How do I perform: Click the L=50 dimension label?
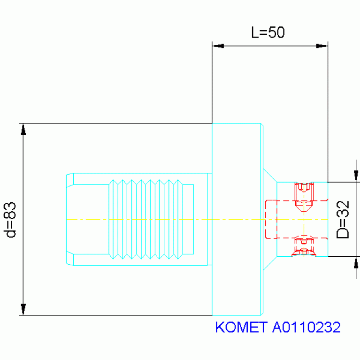point(268,32)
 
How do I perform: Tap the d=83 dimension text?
point(10,220)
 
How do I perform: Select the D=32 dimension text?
point(343,220)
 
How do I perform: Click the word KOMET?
point(241,327)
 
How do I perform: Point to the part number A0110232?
point(306,327)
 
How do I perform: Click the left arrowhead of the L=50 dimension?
point(218,46)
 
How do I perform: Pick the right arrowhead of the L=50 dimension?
point(322,46)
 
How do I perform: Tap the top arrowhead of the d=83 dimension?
point(23,129)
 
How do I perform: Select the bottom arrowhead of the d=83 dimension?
point(23,309)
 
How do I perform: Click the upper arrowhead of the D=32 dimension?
point(356,176)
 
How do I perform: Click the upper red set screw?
point(304,197)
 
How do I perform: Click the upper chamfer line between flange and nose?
point(270,176)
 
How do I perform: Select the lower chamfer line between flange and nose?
point(270,263)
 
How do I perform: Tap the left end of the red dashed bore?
point(266,219)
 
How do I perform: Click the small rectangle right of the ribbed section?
point(188,219)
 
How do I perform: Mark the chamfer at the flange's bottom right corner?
point(262,314)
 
